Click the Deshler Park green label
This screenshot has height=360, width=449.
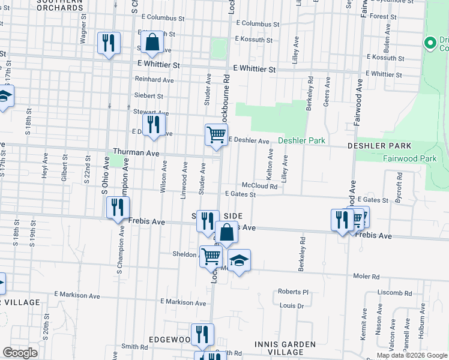click(301, 141)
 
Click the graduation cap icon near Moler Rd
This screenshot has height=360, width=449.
click(239, 260)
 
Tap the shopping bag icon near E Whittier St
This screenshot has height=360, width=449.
click(152, 43)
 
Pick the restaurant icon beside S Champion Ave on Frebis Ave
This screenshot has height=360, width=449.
click(118, 208)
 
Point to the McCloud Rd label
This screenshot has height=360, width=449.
click(259, 187)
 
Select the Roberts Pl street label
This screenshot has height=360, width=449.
click(293, 292)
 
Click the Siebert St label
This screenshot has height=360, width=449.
click(149, 96)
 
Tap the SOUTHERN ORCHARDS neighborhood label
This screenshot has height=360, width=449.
click(60, 5)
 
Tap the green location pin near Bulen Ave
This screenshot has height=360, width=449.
click(429, 43)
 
